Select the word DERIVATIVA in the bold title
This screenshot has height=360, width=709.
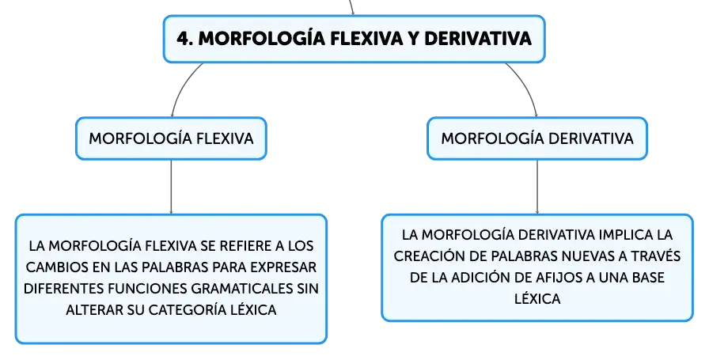(477, 39)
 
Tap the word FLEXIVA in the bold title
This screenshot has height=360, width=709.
(366, 39)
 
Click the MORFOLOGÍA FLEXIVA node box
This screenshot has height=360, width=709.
(171, 138)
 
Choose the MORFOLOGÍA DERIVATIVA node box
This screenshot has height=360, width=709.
(537, 138)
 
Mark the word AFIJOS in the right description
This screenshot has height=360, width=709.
(561, 277)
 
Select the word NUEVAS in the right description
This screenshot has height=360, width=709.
(590, 256)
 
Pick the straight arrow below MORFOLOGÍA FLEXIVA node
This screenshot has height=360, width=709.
(171, 187)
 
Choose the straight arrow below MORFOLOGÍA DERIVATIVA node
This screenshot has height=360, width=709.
(537, 187)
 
